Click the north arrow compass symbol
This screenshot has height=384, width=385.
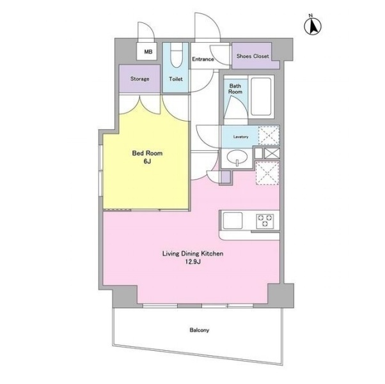[313, 26]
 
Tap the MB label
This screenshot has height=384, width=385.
[148, 52]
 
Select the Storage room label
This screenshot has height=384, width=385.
[139, 79]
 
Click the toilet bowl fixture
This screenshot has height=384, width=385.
[176, 56]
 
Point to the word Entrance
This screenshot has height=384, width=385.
[203, 59]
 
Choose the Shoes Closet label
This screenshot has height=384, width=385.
[253, 56]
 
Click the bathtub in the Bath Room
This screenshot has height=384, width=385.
[261, 96]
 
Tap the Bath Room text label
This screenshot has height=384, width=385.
[235, 89]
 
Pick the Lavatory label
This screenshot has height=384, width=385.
[240, 137]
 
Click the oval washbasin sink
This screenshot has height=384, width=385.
[237, 157]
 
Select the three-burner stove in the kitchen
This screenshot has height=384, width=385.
[265, 220]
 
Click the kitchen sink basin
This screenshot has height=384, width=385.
[232, 220]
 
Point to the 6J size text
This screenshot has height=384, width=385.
[147, 162]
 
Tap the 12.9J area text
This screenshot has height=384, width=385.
[193, 262]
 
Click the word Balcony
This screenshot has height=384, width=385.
[200, 330]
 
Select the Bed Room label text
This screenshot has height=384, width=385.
[147, 153]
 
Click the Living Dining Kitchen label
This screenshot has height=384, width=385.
[193, 254]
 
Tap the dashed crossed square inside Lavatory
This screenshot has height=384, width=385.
[269, 135]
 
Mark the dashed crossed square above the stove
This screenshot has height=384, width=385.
[267, 173]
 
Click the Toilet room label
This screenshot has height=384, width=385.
[176, 79]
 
